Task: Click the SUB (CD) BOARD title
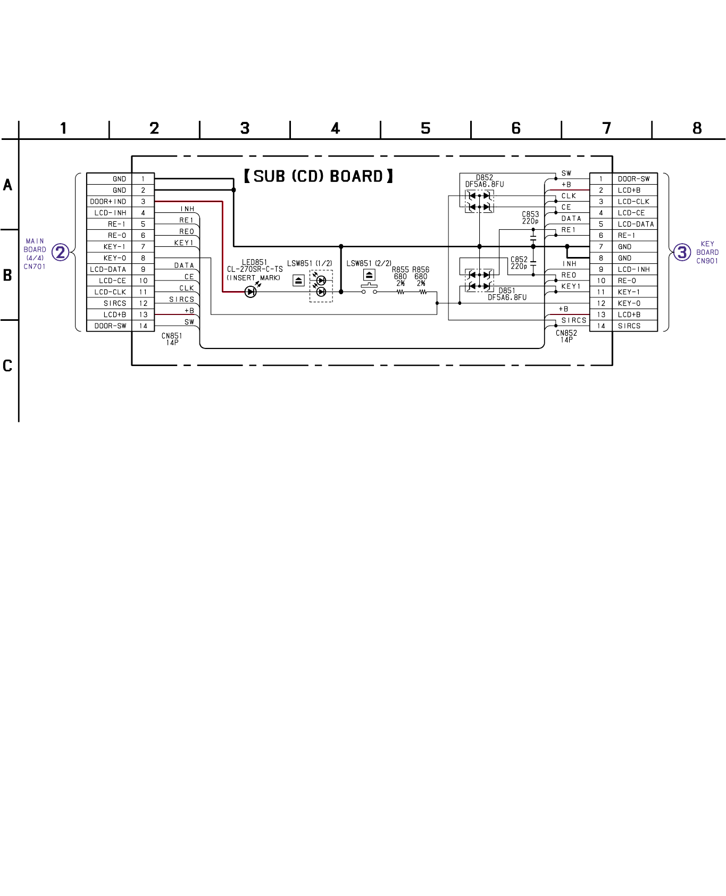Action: (318, 176)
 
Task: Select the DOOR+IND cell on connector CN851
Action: (109, 202)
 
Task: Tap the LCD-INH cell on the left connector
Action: (110, 213)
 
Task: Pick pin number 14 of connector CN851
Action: (143, 326)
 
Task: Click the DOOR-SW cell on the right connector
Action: (633, 179)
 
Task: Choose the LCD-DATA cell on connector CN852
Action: (636, 225)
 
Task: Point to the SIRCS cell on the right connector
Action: (629, 326)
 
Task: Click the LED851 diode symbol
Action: (251, 292)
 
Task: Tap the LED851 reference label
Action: (255, 262)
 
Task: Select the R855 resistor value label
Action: (400, 277)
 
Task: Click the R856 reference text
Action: (421, 270)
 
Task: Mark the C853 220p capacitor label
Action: (530, 218)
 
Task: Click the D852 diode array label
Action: (485, 178)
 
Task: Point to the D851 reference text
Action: (507, 291)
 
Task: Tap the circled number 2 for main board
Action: (61, 252)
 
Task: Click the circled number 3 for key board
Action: (682, 252)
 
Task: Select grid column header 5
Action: (425, 128)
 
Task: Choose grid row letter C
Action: (7, 366)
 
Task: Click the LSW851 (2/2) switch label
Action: (369, 263)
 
